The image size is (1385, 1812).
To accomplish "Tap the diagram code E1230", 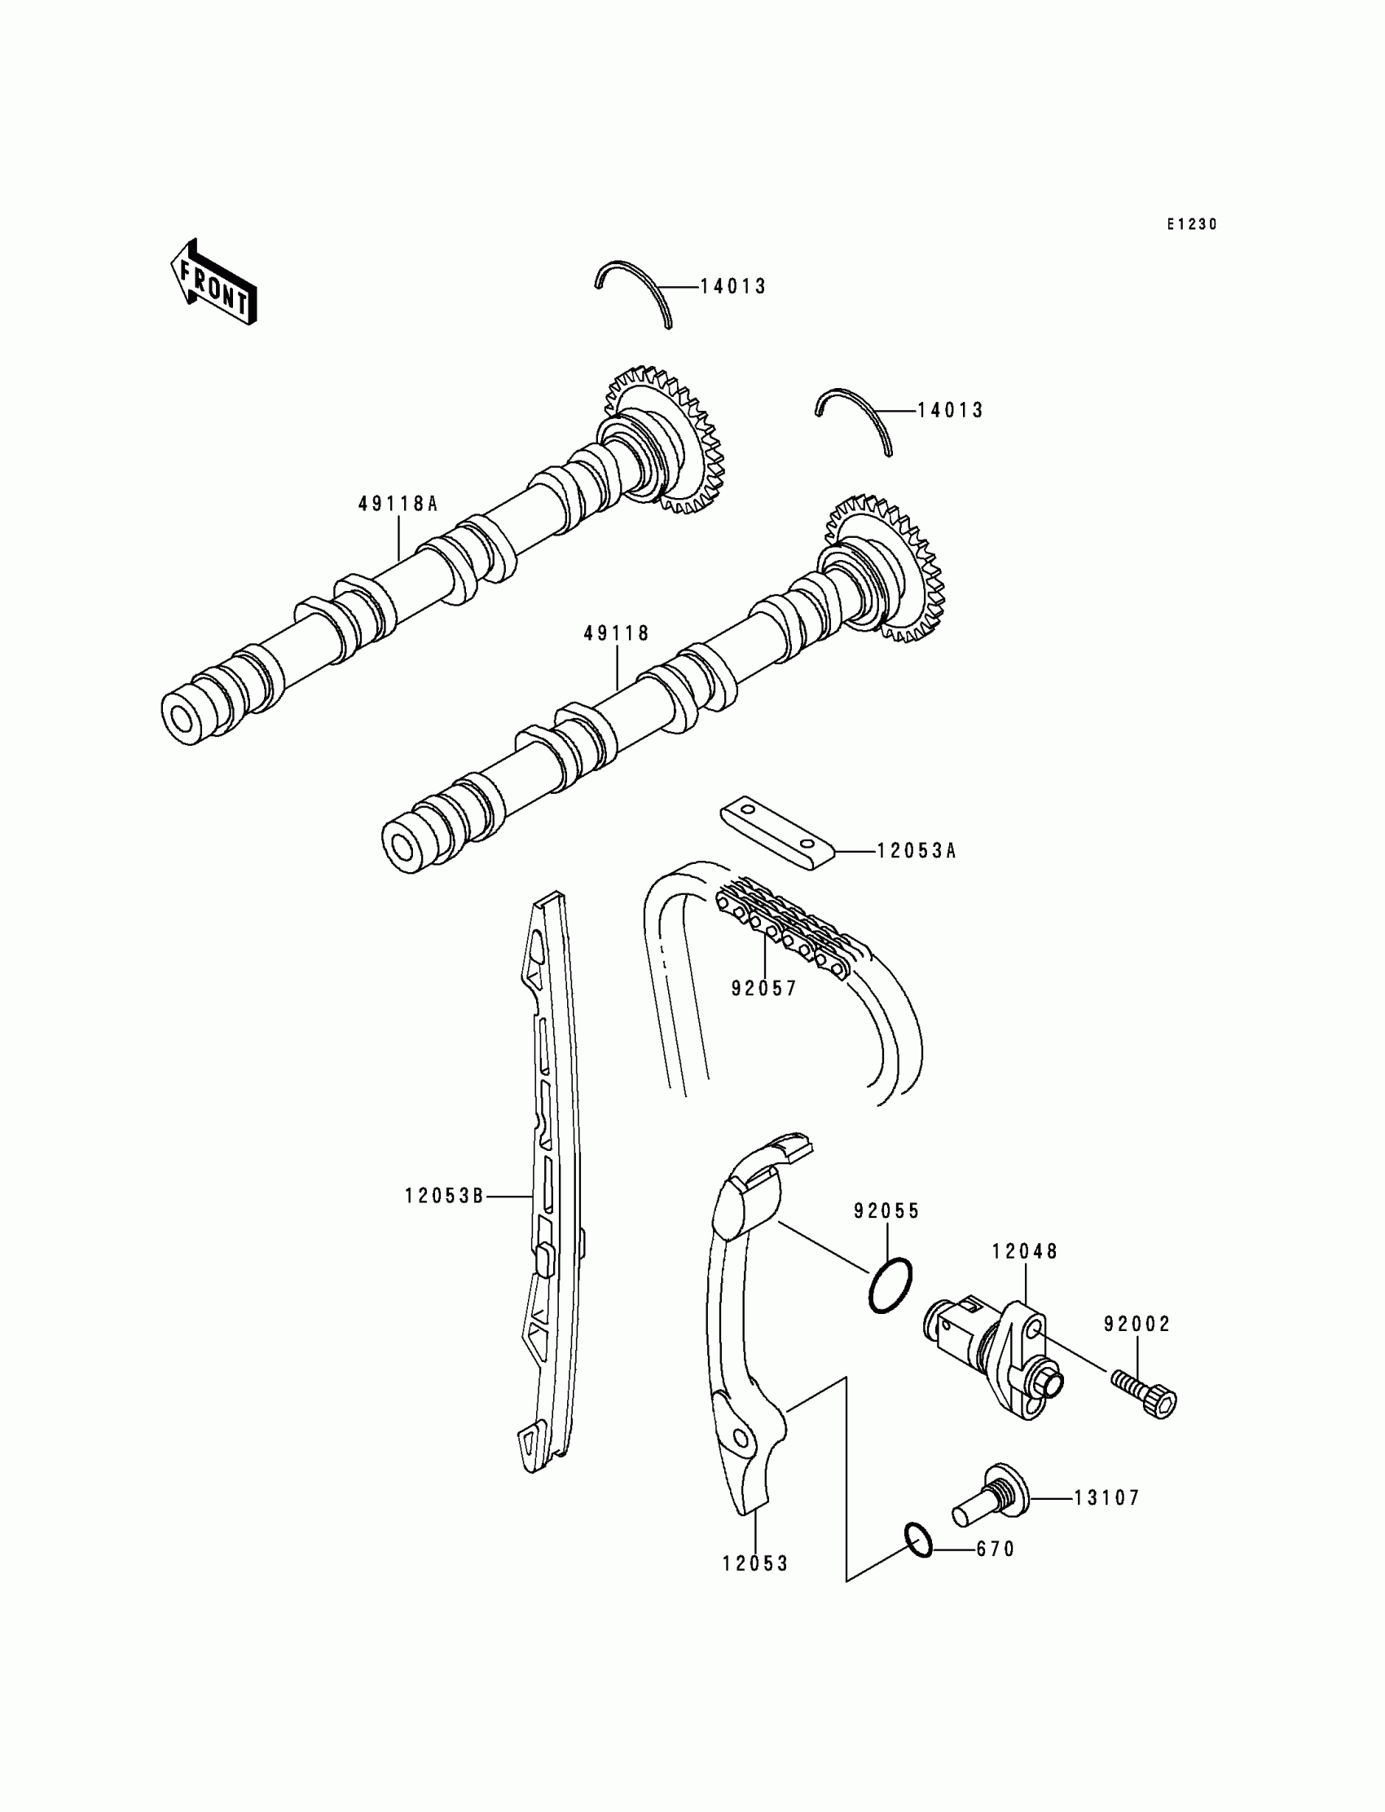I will click(1191, 224).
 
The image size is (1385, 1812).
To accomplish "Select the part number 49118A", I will click(398, 504).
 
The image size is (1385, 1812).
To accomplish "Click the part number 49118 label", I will click(617, 633).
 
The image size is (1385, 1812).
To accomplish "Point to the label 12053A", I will click(916, 851).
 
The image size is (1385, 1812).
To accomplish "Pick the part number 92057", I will click(764, 988).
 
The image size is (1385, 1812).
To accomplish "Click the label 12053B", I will click(443, 1196).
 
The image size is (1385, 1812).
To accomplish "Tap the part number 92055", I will click(886, 1211).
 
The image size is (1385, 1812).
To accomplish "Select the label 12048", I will click(1025, 1251).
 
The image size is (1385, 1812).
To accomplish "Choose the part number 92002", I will click(1137, 1324).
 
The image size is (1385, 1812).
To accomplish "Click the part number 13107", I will click(1106, 1497).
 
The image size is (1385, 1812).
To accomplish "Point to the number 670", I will click(995, 1550).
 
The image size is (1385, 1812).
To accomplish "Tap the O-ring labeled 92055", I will click(890, 1285).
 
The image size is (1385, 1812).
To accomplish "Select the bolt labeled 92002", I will click(1147, 1391).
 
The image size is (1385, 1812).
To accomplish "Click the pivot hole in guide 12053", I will click(740, 1440).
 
